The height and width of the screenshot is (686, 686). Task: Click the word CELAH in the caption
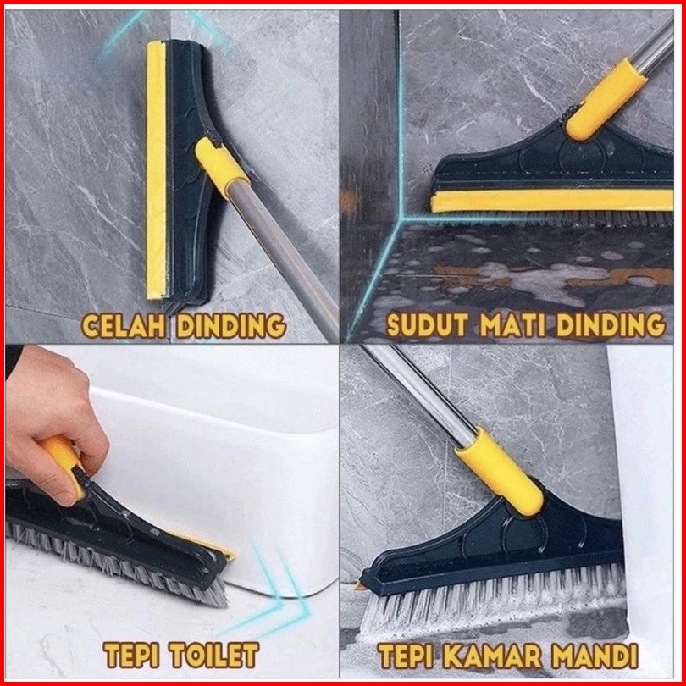124,325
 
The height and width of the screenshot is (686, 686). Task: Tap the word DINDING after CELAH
231,325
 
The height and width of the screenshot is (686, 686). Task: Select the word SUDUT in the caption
428,325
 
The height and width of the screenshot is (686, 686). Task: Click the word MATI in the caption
512,325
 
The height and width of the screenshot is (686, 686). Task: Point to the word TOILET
214,655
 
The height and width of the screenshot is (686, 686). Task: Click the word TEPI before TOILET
131,655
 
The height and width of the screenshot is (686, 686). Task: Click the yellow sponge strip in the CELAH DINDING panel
156,169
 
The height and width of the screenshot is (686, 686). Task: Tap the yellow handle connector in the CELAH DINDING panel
221,166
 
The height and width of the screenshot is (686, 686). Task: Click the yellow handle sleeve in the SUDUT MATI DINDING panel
606,99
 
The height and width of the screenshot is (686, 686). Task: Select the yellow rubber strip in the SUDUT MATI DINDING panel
551,202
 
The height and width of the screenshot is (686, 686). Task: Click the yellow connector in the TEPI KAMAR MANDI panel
500,472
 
